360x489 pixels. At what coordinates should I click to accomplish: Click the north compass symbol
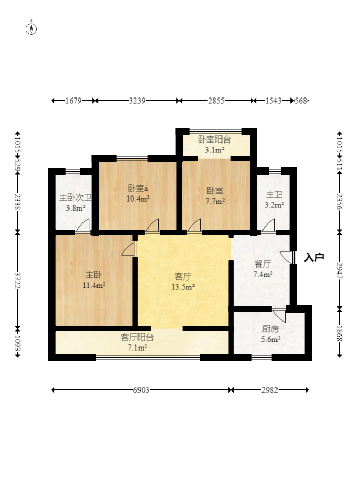pos(31,29)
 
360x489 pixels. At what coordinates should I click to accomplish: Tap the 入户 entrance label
pos(314,257)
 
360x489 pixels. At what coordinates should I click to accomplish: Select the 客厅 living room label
pos(183,276)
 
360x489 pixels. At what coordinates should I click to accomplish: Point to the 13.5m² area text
pos(183,287)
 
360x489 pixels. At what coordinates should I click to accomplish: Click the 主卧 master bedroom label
pos(93,275)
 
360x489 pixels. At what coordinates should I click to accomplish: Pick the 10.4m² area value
pos(138,199)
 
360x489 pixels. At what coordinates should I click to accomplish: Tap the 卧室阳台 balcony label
pos(215,139)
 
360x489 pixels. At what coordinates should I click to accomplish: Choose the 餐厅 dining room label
pos(262,264)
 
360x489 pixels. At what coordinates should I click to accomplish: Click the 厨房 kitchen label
pos(270,329)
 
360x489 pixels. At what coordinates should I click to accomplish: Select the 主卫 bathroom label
pos(274,194)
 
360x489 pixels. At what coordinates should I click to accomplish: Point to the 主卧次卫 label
pos(76,198)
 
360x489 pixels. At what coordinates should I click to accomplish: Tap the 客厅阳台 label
pos(137,337)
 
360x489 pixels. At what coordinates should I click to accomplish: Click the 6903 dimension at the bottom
pos(141,390)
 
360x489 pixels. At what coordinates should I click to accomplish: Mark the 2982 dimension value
pos(270,390)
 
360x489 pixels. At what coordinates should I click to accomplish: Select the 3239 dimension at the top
pos(137,101)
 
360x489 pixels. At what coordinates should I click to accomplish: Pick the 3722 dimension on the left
pos(18,281)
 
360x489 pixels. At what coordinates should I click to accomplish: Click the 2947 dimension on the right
pos(339,271)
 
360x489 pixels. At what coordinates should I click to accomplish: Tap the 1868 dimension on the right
pos(339,333)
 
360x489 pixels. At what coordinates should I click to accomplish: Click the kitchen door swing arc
pos(279,316)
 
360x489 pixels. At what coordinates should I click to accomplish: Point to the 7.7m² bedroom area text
pos(215,202)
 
